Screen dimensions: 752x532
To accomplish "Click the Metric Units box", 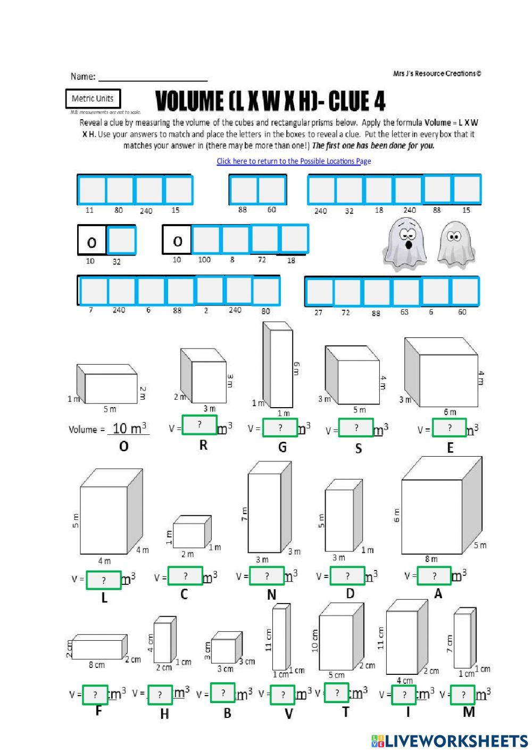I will coord(93,98).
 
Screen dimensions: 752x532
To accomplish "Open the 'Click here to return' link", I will coord(294,161).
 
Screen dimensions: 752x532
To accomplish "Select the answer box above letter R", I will coord(199,425).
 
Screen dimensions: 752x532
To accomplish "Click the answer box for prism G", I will coord(280,428).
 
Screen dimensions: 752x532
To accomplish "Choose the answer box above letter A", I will coord(434,576).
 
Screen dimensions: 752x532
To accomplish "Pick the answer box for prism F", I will coord(95,695).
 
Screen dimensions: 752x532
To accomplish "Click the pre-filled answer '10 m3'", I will coord(129,428).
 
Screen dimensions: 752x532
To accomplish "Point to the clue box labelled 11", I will coord(92,190).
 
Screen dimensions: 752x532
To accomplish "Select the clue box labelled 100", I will coord(205,239).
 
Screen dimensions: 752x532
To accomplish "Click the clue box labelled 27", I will coord(319,292).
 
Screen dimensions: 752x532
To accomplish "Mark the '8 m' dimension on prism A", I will coord(431,559).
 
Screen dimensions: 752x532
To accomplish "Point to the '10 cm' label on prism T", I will coord(314,641).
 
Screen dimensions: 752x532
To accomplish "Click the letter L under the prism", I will coord(104,598).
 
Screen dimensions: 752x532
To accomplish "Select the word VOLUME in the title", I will coord(189,101).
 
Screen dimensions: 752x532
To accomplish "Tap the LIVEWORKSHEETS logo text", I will coord(455,741).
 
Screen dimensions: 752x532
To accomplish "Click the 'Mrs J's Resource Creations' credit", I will coord(437,74).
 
